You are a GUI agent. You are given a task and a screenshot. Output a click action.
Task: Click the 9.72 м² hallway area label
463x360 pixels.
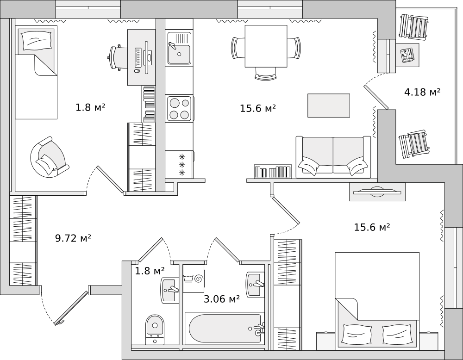(x=73, y=238)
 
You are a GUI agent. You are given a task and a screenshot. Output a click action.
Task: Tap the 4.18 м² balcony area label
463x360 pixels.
(x=422, y=92)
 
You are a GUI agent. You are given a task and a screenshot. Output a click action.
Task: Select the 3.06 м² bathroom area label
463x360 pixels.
(x=221, y=299)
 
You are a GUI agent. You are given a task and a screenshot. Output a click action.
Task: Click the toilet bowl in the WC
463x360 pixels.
(x=155, y=329)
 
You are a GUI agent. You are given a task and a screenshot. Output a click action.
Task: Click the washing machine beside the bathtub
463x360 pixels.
(x=194, y=278)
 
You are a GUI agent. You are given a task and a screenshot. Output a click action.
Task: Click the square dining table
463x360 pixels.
(x=266, y=46)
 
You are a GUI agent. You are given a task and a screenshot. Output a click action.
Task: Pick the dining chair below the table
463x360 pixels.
(x=266, y=74)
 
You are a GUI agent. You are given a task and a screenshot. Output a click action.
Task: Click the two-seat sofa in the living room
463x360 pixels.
(x=333, y=157)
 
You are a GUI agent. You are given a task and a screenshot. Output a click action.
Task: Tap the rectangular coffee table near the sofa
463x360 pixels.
(x=329, y=106)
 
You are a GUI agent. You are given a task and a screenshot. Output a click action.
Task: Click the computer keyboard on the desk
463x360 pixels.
(x=138, y=57)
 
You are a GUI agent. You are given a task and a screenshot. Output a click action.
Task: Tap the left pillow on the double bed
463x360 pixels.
(x=357, y=334)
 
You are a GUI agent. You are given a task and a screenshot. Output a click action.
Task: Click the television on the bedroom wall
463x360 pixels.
(x=377, y=192)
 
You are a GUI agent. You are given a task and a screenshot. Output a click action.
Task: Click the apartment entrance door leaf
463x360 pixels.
(x=71, y=308)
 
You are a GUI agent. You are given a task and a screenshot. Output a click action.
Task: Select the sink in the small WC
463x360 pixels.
(x=169, y=290)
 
